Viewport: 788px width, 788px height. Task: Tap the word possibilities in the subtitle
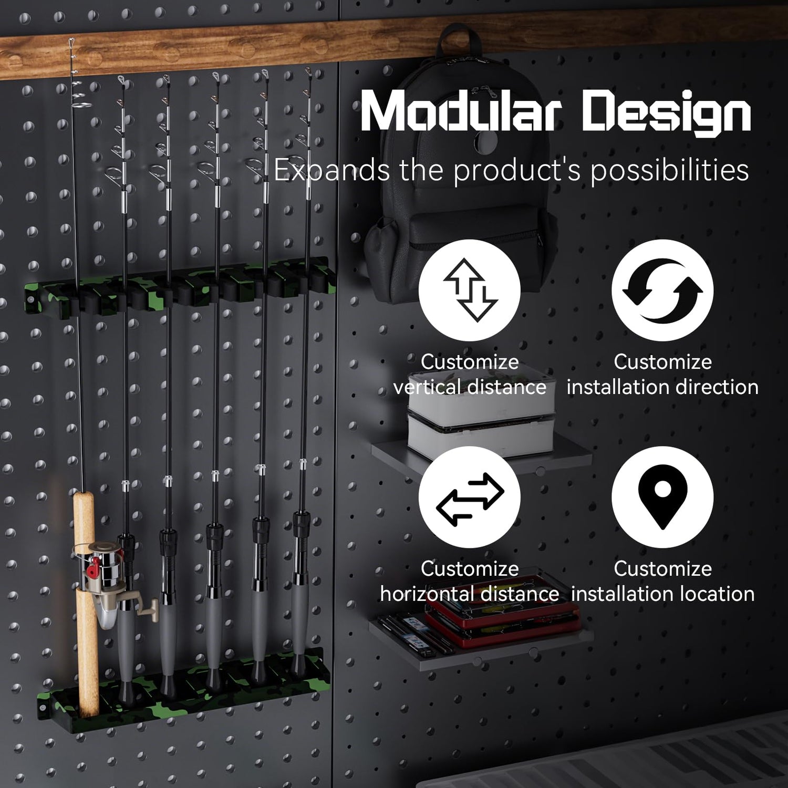(x=669, y=171)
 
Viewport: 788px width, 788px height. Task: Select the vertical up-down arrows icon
(x=470, y=290)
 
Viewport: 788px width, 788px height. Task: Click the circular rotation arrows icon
(x=662, y=290)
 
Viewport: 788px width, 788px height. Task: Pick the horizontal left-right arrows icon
(x=470, y=498)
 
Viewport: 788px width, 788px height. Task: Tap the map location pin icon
(x=662, y=496)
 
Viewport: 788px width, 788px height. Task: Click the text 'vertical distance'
(x=470, y=387)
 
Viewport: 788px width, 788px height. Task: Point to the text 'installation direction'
(x=662, y=387)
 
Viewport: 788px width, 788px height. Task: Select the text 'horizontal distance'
(x=469, y=594)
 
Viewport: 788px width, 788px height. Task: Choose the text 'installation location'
(x=662, y=594)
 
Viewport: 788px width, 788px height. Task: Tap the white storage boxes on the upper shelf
(x=481, y=415)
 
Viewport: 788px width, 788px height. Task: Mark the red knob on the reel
(x=93, y=568)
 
